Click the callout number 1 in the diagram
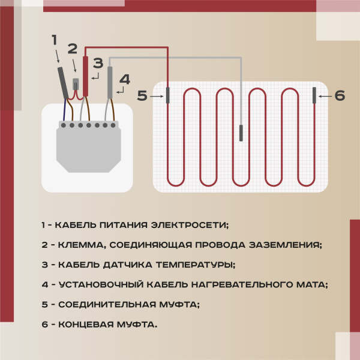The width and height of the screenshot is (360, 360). point(54,40)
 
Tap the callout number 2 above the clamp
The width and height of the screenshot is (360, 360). point(73,49)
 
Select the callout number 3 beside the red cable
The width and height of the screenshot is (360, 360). point(98,63)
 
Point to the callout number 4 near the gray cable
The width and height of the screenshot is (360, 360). point(124,79)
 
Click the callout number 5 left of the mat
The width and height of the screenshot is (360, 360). point(142,95)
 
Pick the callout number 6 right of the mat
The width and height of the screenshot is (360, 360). point(340,95)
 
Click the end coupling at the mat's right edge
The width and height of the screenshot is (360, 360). point(314,95)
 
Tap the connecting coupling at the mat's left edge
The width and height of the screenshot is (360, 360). point(167,95)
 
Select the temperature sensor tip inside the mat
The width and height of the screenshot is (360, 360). point(241,133)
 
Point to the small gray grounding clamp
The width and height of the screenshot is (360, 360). point(76,84)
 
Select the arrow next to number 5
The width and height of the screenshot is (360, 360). point(157,95)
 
